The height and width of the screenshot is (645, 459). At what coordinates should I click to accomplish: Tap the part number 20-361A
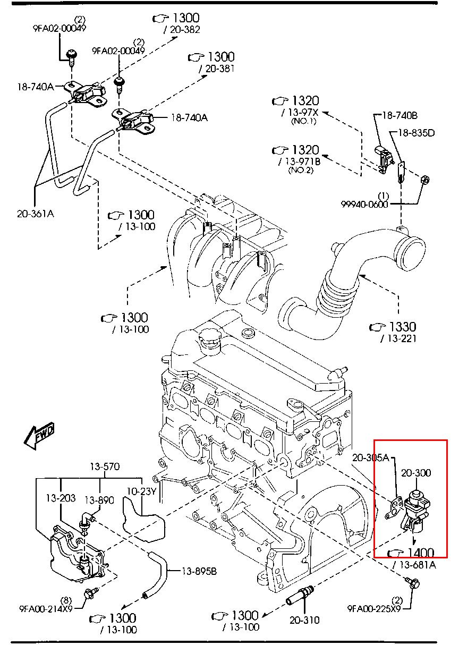coord(36,214)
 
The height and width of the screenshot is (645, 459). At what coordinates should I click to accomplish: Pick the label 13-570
coord(105,467)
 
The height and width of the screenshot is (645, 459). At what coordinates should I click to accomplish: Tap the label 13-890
coord(99,500)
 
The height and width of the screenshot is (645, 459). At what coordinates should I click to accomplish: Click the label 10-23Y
coord(141,491)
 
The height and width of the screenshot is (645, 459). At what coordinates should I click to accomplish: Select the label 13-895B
coord(199,571)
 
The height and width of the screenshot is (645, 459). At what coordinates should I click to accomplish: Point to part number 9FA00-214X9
coord(46,608)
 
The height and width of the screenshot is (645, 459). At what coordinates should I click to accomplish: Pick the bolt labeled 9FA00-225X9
coord(413,583)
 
